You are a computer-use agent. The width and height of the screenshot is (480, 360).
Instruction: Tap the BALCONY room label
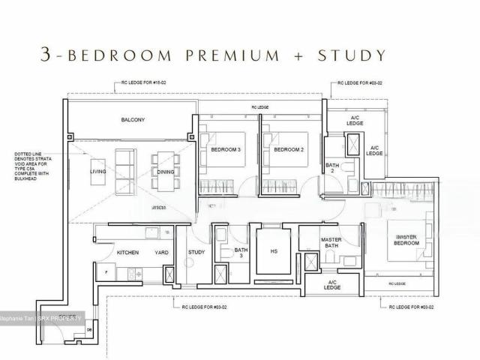point(132,120)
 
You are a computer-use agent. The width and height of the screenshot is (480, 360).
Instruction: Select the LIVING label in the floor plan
point(97,172)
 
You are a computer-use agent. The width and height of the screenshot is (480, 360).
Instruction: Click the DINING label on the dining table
point(165,172)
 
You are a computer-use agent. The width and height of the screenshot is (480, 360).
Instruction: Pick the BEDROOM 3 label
point(226,150)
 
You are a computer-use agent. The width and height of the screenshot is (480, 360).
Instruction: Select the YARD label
point(161,253)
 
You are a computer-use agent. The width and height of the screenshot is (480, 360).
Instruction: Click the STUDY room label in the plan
point(196,253)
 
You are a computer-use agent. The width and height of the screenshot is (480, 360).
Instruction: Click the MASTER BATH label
point(331,244)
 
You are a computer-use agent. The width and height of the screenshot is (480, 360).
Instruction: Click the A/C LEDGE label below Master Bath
point(333,285)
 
